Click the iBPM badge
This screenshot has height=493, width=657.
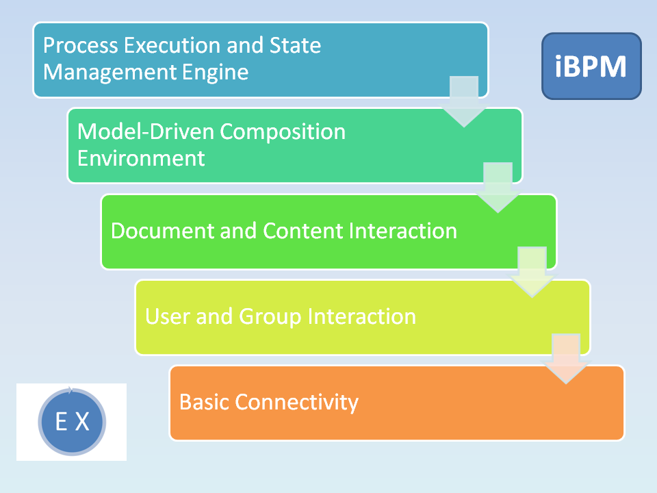tap(591, 66)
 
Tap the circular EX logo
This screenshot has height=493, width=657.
tap(72, 422)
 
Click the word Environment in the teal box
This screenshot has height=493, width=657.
tap(141, 158)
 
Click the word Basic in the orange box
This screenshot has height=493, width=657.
tap(204, 401)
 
